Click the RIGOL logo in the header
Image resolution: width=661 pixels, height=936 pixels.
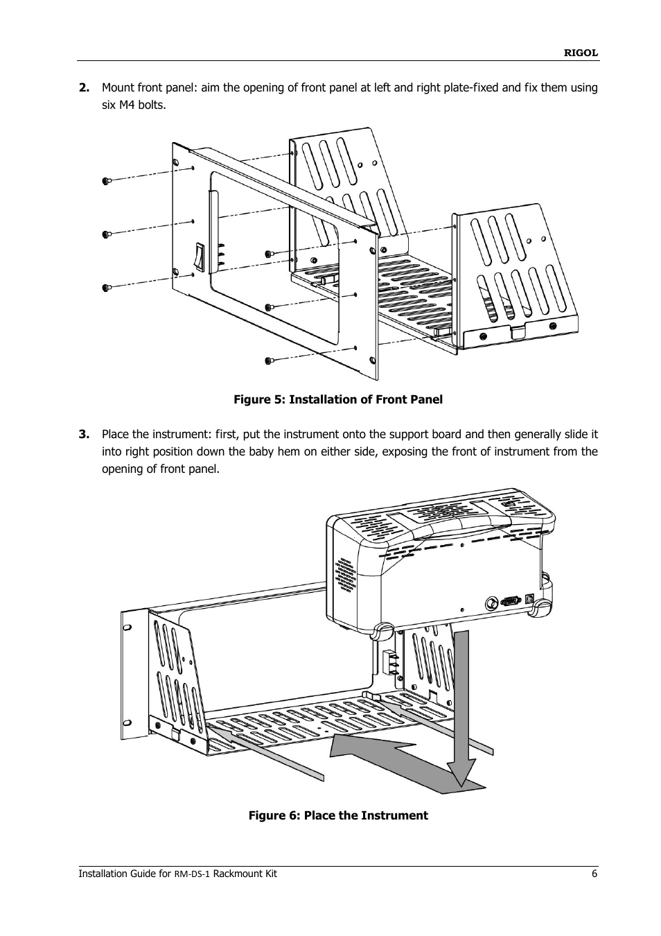tap(581, 53)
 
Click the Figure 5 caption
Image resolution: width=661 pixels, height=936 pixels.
tap(337, 399)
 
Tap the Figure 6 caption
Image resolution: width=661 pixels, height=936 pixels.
tap(338, 815)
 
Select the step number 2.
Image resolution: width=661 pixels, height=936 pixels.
tap(84, 87)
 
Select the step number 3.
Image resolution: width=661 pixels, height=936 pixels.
tap(84, 434)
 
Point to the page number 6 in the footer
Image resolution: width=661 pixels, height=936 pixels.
tap(594, 874)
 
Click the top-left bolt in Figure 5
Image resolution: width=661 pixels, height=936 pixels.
tap(107, 181)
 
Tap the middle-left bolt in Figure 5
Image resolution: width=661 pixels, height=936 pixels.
tap(107, 234)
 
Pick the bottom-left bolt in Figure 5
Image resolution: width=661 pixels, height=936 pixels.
tap(107, 287)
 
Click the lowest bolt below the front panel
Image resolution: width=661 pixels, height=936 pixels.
tap(270, 360)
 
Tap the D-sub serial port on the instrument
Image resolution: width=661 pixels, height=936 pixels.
tap(511, 602)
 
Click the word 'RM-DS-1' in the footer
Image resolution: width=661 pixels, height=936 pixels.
tap(191, 874)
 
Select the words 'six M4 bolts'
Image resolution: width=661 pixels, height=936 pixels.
tap(134, 105)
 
